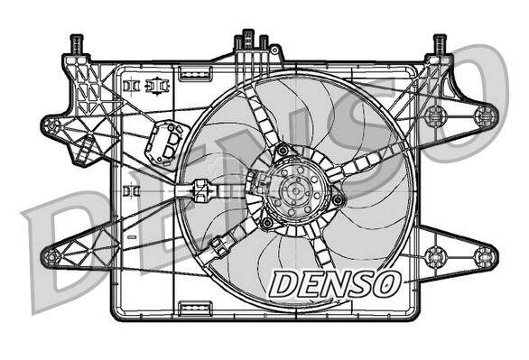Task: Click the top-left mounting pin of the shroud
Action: tap(77, 42)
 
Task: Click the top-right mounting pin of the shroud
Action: tap(441, 42)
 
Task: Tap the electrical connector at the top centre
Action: tap(251, 42)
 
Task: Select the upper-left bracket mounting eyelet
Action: tap(51, 125)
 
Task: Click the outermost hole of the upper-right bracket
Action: tap(486, 115)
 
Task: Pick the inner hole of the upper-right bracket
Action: tap(435, 115)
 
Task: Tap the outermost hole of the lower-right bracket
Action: tap(486, 255)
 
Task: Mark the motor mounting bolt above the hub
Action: tap(282, 149)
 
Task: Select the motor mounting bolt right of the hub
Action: tap(338, 199)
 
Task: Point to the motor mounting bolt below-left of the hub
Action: tap(266, 221)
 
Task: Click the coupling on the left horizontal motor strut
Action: tap(201, 190)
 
